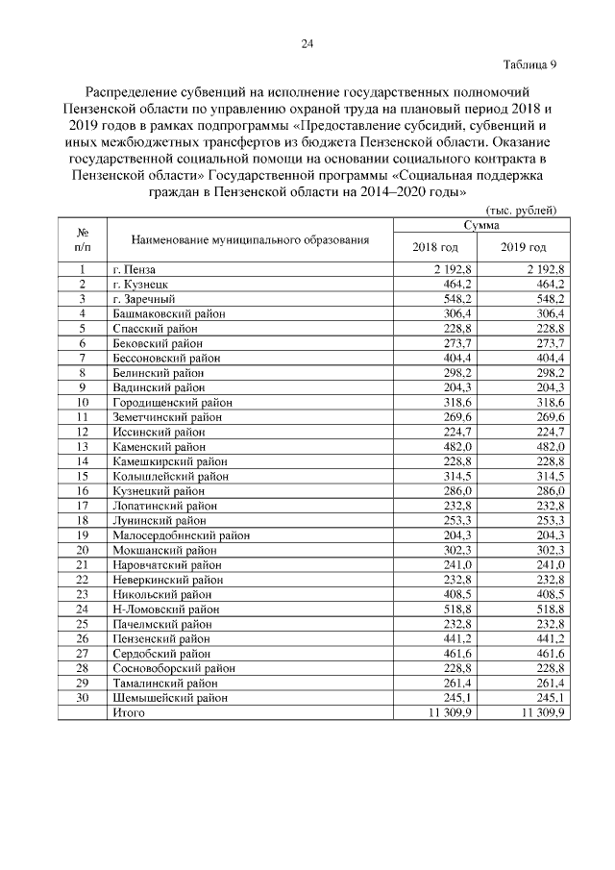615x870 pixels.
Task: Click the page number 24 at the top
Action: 307,43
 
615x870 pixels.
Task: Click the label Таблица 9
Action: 529,65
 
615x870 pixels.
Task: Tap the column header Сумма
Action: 480,224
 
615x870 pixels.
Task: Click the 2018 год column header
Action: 435,247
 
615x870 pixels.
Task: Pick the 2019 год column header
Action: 524,247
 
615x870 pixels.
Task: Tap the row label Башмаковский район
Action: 165,313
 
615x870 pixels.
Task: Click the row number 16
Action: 83,490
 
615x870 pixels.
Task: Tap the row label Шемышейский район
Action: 170,697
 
